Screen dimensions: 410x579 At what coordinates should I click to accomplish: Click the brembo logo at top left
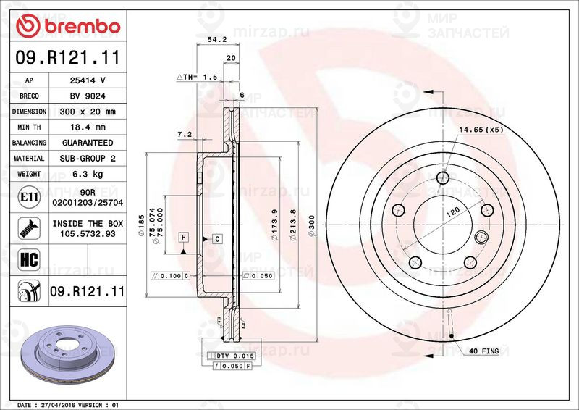pos(68,25)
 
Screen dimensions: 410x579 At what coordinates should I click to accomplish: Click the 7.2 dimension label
pos(184,135)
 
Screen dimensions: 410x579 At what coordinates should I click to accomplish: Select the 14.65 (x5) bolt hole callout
pos(479,130)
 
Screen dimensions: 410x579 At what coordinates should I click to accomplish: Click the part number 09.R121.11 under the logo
pos(67,56)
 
